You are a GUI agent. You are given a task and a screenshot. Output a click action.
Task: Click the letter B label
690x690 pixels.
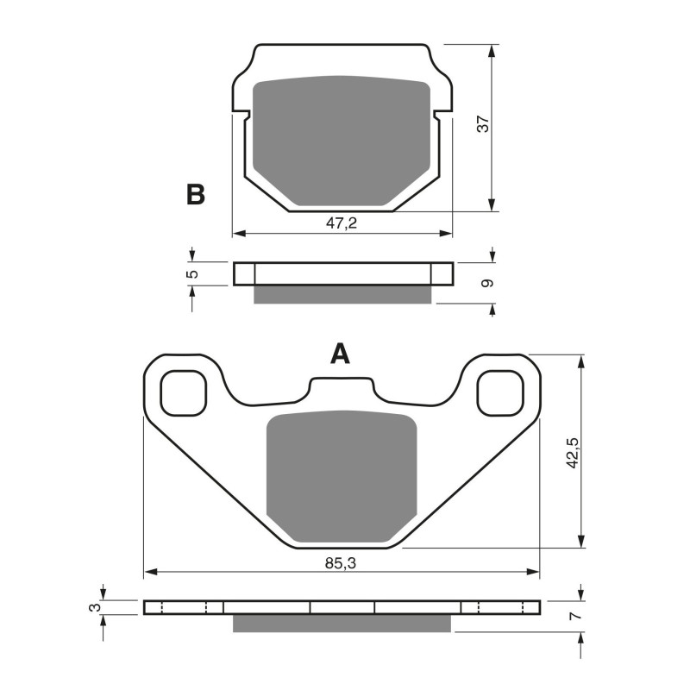click(196, 195)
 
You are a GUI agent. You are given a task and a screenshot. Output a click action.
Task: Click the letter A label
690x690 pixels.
click(342, 354)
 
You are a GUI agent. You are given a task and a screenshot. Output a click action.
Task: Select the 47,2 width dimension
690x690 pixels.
click(342, 223)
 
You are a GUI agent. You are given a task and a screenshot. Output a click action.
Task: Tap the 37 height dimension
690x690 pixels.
click(484, 124)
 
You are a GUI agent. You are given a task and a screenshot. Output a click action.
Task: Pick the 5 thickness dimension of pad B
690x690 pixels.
click(193, 273)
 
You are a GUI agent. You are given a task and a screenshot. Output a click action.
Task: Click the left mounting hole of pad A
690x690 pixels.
click(184, 392)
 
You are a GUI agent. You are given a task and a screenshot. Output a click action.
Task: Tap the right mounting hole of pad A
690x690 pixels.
click(501, 392)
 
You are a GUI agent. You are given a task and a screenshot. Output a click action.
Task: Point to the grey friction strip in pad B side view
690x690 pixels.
click(342, 295)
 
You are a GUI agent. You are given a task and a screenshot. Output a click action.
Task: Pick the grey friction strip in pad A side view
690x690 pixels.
click(342, 623)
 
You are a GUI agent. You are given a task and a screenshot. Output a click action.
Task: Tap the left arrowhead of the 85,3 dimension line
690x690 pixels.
click(149, 572)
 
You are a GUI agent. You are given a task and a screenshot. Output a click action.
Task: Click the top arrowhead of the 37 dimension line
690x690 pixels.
click(492, 49)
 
